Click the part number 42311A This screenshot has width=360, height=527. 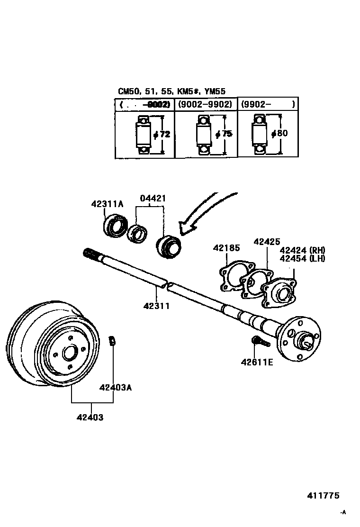pyautogui.click(x=107, y=204)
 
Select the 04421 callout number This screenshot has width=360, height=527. pyautogui.click(x=153, y=199)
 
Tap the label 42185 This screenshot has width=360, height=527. pyautogui.click(x=226, y=247)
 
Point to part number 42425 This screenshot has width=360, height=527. pyautogui.click(x=267, y=241)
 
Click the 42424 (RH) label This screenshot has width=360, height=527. pyautogui.click(x=302, y=250)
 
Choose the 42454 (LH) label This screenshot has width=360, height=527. pyautogui.click(x=302, y=258)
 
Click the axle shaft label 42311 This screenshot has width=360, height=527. pyautogui.click(x=156, y=306)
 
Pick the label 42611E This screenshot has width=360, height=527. pyautogui.click(x=257, y=362)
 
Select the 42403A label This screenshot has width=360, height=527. pyautogui.click(x=115, y=387)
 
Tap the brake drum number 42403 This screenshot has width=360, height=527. pyautogui.click(x=90, y=418)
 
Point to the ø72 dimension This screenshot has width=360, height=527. pyautogui.click(x=162, y=134)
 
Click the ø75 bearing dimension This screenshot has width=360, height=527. pyautogui.click(x=224, y=134)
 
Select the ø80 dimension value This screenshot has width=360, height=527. pyautogui.click(x=279, y=134)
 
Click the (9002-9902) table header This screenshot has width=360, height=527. pyautogui.click(x=205, y=104)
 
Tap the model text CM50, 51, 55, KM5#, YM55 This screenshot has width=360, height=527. pyautogui.click(x=171, y=91)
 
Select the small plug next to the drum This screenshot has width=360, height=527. pyautogui.click(x=113, y=340)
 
